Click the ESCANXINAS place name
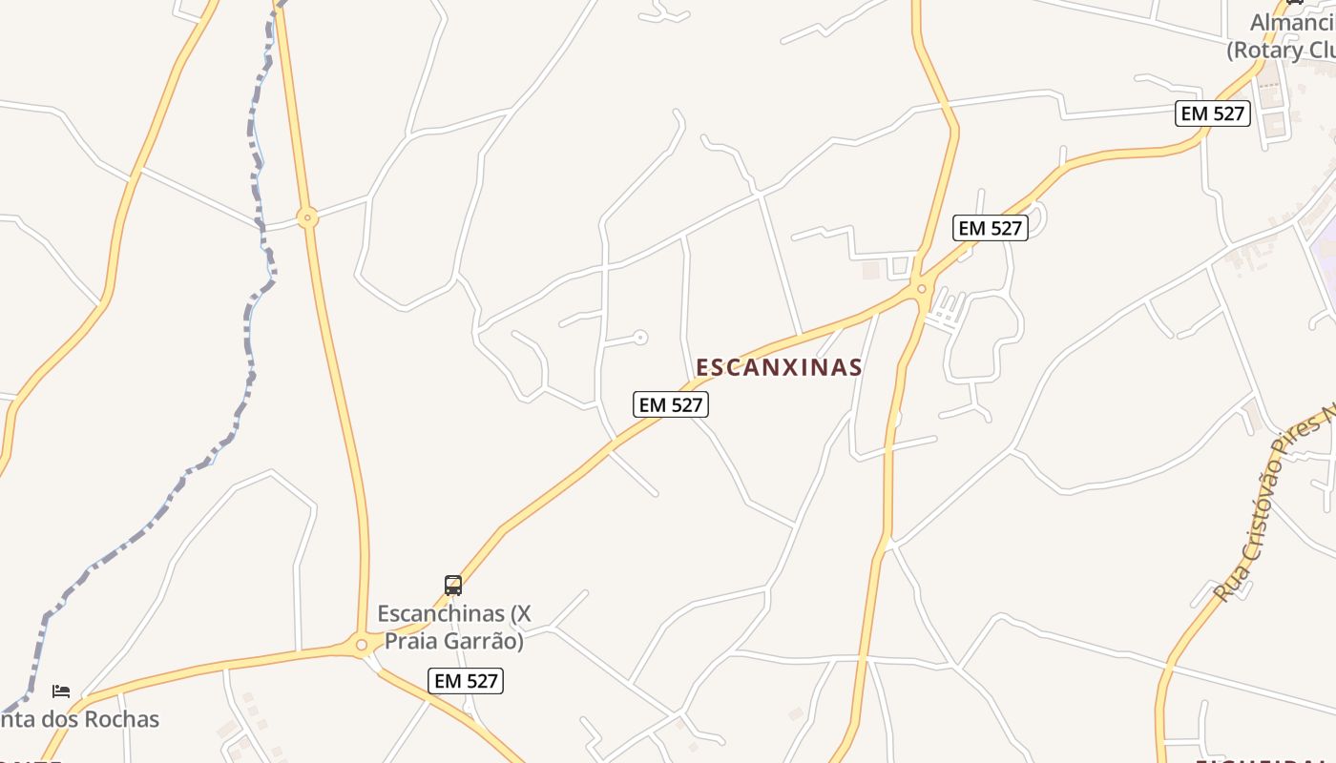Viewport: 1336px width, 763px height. click(779, 367)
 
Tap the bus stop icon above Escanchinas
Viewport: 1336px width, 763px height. click(453, 585)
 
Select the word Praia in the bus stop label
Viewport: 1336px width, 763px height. click(417, 641)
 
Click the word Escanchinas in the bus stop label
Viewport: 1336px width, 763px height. click(441, 613)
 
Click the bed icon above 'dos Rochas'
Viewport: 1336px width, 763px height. click(61, 691)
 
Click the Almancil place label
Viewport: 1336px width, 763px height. click(1292, 22)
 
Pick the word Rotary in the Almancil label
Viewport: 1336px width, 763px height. click(1268, 50)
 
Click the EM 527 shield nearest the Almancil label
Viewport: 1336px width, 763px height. click(1212, 113)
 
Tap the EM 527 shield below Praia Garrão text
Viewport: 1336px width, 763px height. click(466, 680)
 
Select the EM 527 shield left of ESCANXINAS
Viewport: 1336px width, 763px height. click(671, 404)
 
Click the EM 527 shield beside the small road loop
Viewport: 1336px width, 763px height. click(990, 228)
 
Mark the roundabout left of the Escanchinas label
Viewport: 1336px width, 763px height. click(362, 646)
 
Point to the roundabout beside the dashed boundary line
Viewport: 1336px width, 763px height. click(306, 218)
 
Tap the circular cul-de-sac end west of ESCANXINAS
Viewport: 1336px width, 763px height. click(641, 337)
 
